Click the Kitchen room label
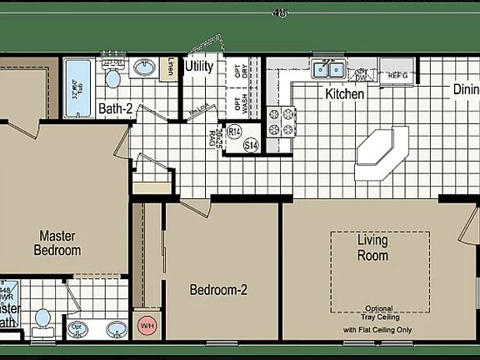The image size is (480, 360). tap(344, 94)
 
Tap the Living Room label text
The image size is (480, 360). tap(372, 248)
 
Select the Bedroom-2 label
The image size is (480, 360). tap(218, 290)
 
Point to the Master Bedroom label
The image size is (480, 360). tap(57, 242)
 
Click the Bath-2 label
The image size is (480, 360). tap(116, 108)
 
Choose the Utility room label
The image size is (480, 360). tap(199, 65)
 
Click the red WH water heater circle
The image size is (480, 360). tap(147, 325)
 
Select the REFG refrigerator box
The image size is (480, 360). tap(397, 72)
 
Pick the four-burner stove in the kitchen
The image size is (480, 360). tap(281, 122)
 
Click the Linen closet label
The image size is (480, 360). tap(170, 67)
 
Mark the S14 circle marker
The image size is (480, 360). tap(251, 145)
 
